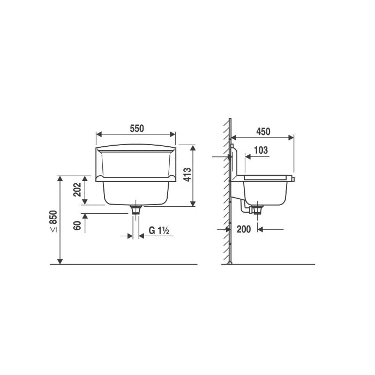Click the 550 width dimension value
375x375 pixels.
137,129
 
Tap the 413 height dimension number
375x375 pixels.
187,175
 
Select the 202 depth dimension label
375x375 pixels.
77,190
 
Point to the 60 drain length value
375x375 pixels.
77,226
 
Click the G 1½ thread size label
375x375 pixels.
159,230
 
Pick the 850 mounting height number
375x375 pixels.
54,217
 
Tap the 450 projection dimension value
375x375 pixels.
264,132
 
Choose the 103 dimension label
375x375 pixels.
261,150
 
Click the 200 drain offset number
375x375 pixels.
244,229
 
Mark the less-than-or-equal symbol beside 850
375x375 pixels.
54,230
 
